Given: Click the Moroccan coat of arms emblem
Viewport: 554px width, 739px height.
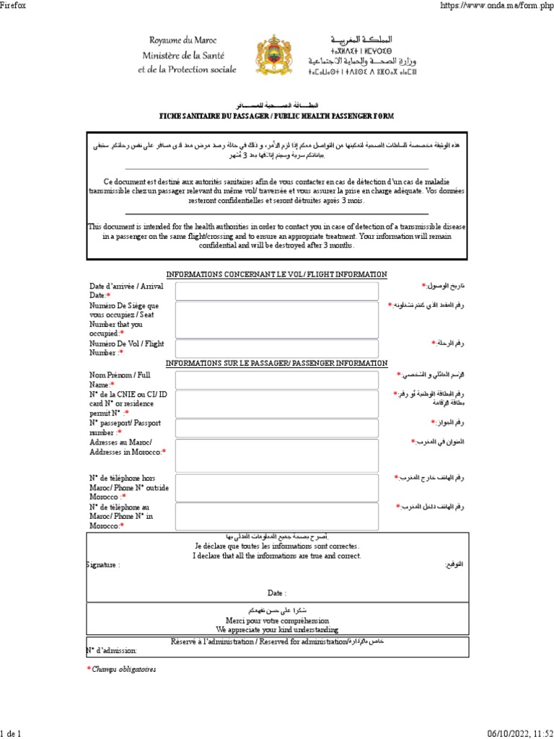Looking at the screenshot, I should point(276,56).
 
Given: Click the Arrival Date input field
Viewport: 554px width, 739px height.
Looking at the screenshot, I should point(276,291).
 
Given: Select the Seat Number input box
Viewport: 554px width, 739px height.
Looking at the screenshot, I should point(276,320).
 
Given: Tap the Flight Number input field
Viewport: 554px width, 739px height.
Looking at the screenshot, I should point(276,349).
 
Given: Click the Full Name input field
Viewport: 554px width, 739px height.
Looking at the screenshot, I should point(276,380).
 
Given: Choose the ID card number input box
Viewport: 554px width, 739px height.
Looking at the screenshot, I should point(276,403).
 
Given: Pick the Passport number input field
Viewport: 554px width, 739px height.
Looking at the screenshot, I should point(276,427).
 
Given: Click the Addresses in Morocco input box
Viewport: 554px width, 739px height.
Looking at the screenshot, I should point(276,456).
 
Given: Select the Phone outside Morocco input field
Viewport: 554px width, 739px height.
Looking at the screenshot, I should point(276,487).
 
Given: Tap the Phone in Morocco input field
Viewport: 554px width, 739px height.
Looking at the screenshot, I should point(276,516).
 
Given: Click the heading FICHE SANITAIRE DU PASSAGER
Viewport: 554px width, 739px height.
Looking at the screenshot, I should point(276,116).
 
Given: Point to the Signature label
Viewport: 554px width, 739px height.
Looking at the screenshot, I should point(102,565).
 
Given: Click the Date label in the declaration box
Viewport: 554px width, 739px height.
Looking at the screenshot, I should point(277,592).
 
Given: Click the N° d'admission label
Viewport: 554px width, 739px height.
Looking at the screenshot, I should point(111,650).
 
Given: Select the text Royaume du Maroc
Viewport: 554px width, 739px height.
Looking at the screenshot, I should point(183,40).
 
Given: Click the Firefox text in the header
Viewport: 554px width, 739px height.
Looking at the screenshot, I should point(14,6).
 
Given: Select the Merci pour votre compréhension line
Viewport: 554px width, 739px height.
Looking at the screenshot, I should point(277,620).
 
